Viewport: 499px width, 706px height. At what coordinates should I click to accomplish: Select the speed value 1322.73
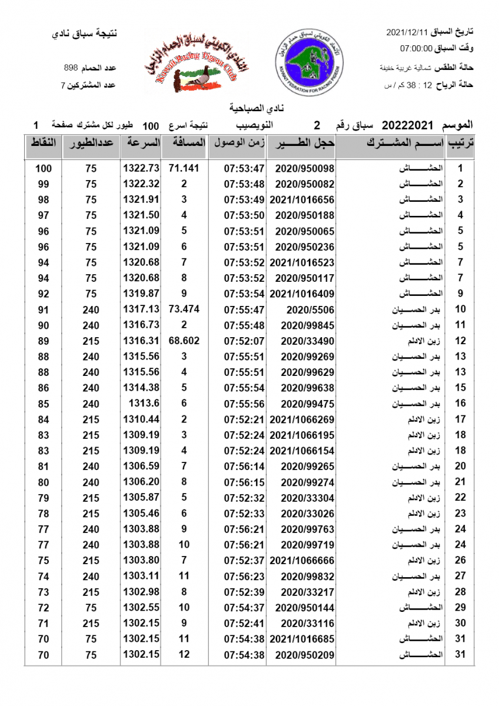click(141, 169)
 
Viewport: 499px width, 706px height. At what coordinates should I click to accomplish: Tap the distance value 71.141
click(184, 169)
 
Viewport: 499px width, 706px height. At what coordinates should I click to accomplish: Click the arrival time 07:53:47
click(244, 169)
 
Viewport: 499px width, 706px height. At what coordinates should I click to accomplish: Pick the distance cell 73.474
click(184, 309)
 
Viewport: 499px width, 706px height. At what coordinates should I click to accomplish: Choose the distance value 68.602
click(184, 341)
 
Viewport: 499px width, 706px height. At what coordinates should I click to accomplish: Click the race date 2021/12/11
click(407, 31)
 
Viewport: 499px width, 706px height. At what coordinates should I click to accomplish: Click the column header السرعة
click(141, 143)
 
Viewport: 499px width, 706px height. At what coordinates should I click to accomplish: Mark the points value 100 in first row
click(44, 169)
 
